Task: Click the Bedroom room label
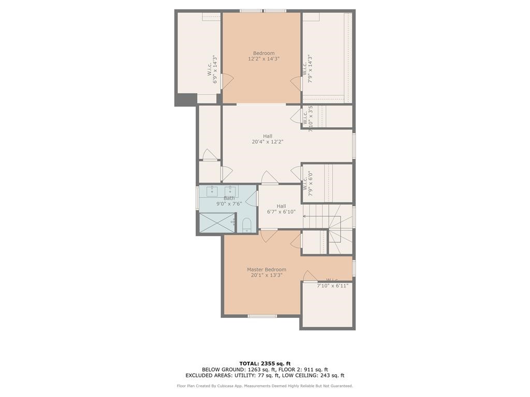(x=263, y=53)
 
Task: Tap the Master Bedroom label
(x=266, y=269)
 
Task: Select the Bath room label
(x=229, y=198)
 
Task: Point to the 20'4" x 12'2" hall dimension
(x=267, y=142)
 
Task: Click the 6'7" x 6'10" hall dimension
(x=281, y=211)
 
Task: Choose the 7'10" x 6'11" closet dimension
(x=332, y=285)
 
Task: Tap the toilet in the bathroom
(x=247, y=224)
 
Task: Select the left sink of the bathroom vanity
(x=212, y=191)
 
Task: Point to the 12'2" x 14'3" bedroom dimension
(x=263, y=59)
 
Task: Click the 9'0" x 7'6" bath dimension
(x=229, y=204)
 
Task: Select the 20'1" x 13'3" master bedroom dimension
(x=266, y=275)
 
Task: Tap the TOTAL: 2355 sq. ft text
(x=264, y=363)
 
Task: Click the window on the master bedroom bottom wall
(x=262, y=315)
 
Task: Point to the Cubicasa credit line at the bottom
(x=264, y=386)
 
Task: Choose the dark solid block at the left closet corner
(x=185, y=99)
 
